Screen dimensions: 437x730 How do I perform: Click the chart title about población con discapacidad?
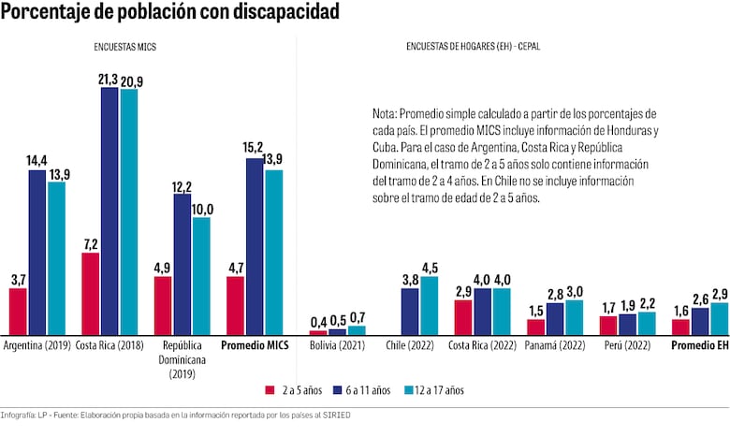click(x=170, y=12)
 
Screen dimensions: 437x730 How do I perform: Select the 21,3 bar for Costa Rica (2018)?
click(x=109, y=211)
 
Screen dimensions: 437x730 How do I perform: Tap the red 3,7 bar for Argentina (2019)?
click(x=18, y=312)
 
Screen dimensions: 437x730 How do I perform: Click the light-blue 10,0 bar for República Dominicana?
click(x=200, y=276)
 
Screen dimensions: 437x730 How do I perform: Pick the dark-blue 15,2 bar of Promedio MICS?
click(x=255, y=247)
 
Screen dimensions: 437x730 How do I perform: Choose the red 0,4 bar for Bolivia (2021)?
click(x=318, y=332)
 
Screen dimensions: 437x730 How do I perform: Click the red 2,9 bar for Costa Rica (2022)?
click(x=463, y=318)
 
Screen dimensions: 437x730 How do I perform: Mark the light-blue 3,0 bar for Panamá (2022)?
click(x=574, y=318)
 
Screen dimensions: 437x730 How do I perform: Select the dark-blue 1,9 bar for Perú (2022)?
click(x=627, y=325)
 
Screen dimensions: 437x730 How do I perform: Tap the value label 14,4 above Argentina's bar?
click(x=36, y=161)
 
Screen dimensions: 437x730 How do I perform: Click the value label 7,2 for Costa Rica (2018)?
click(x=90, y=243)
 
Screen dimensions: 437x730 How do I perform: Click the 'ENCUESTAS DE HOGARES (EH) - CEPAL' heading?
click(x=473, y=46)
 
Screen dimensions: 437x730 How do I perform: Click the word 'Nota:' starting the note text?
click(x=386, y=112)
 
